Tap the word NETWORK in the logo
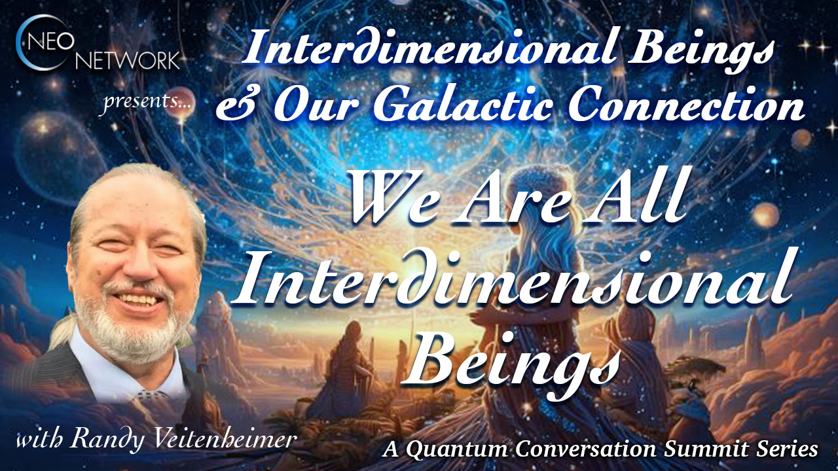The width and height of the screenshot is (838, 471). (x=128, y=60)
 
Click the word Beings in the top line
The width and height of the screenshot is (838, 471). (x=701, y=50)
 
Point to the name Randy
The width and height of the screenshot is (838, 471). (x=107, y=438)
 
